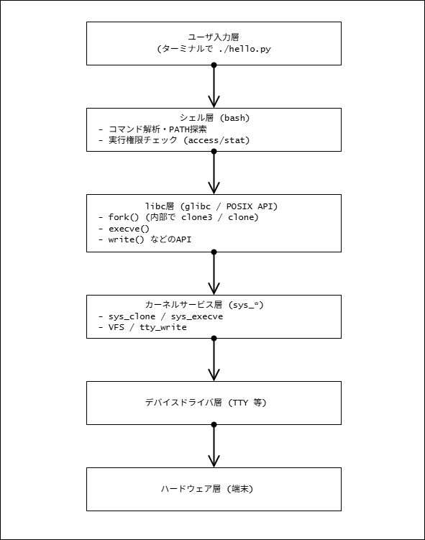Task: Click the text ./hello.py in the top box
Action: pyautogui.click(x=245, y=49)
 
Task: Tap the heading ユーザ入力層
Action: pyautogui.click(x=214, y=37)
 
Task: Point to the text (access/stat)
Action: pyautogui.click(x=216, y=140)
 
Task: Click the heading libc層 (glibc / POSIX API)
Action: pyautogui.click(x=211, y=206)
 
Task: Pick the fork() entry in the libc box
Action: pyautogui.click(x=123, y=217)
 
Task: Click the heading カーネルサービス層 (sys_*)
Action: pyautogui.click(x=204, y=305)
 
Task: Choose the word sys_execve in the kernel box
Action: pyautogui.click(x=197, y=316)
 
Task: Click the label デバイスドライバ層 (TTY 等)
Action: pyautogui.click(x=206, y=403)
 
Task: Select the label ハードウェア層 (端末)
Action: pyautogui.click(x=207, y=489)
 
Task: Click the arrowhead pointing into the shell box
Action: pyautogui.click(x=214, y=102)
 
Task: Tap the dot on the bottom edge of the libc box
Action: pyautogui.click(x=214, y=252)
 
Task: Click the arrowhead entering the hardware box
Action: pyautogui.click(x=214, y=462)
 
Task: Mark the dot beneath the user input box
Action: pyautogui.click(x=214, y=65)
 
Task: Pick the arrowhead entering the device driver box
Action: pyautogui.click(x=214, y=375)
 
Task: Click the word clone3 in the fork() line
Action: pyautogui.click(x=196, y=217)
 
